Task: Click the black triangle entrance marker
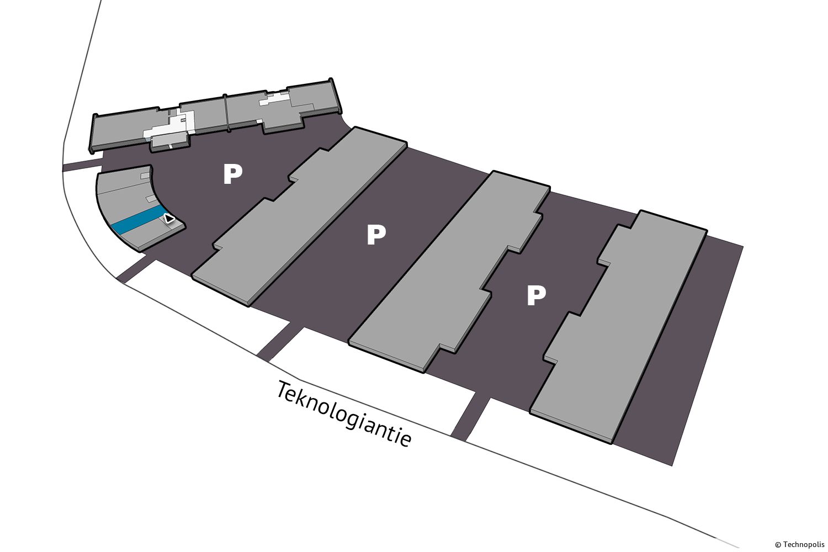click(169, 219)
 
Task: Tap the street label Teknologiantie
click(343, 414)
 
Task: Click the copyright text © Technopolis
click(799, 545)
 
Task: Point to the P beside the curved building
click(232, 174)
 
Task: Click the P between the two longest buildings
click(376, 235)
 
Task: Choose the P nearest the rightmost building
click(537, 295)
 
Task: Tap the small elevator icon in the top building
click(183, 120)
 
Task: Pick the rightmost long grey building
click(618, 327)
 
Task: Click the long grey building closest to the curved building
click(300, 216)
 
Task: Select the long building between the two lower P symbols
click(449, 272)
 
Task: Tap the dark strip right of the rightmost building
click(680, 354)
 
